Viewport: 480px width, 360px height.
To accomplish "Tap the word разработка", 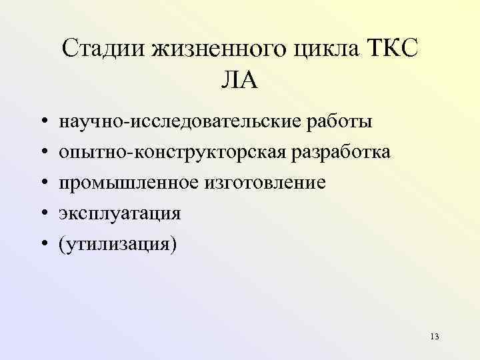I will tap(339, 153).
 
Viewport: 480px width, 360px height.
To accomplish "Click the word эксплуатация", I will tap(119, 214).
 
